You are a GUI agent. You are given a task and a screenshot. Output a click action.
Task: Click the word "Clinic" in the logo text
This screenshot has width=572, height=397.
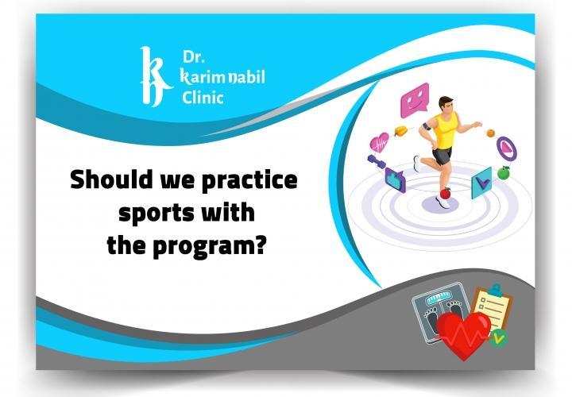click(203, 98)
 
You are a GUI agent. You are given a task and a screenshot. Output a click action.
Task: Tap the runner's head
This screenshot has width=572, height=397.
click(446, 103)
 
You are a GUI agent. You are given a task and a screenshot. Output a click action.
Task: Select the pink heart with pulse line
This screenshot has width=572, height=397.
click(380, 142)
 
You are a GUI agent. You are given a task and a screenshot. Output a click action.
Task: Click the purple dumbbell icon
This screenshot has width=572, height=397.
click(377, 162)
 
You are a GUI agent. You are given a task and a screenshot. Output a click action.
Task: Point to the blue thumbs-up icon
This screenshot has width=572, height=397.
click(395, 179)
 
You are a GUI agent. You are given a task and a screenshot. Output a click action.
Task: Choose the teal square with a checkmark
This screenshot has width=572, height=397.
click(481, 184)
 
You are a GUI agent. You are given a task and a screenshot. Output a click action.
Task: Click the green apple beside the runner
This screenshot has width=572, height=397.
click(501, 171)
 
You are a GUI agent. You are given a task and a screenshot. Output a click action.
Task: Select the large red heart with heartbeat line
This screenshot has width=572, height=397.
click(464, 334)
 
